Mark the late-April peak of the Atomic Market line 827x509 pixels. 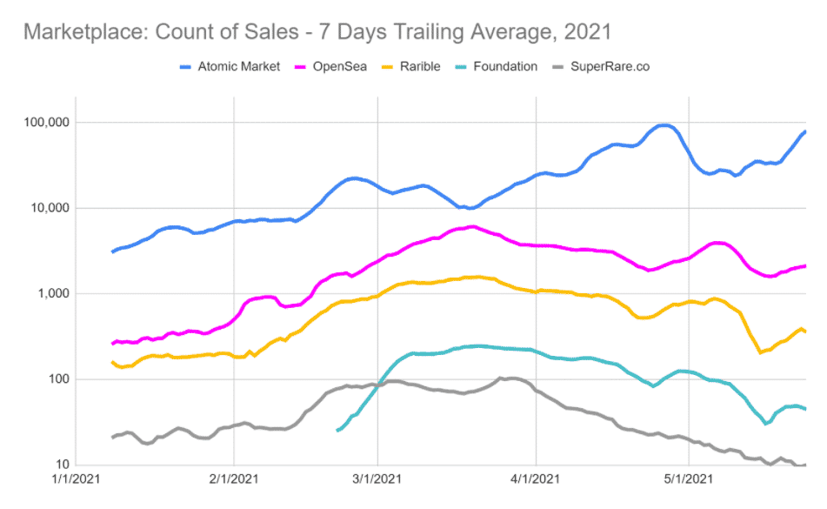pyautogui.click(x=664, y=125)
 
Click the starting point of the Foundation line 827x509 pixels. pyautogui.click(x=337, y=430)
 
